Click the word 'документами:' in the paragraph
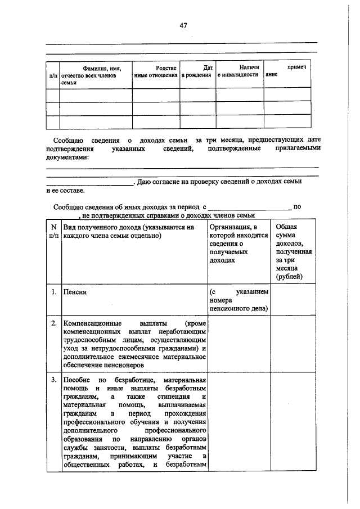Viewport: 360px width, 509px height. click(67, 158)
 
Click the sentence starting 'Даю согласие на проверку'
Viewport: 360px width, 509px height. click(219, 182)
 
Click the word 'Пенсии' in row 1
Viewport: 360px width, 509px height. click(75, 292)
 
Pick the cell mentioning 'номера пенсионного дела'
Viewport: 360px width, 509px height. click(238, 300)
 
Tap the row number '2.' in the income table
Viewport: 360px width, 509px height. click(53, 324)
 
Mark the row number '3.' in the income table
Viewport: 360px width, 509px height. click(53, 380)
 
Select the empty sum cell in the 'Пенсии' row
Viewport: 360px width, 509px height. click(291, 300)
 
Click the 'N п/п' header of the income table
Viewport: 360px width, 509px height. click(53, 231)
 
